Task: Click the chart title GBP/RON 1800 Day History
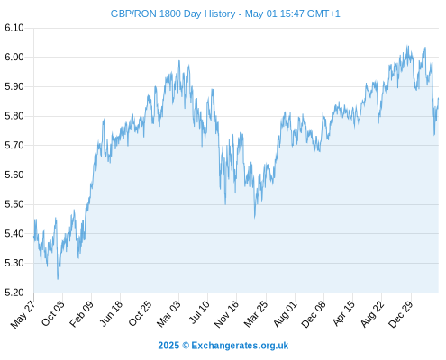(173, 13)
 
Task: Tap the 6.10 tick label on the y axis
(14, 28)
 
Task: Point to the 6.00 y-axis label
(14, 57)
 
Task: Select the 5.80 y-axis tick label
(14, 116)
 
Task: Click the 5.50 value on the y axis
(14, 204)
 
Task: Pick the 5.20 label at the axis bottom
(14, 292)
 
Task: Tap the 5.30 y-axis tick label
(14, 263)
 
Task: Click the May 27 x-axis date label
(23, 313)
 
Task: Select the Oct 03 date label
(52, 313)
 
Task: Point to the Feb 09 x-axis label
(81, 313)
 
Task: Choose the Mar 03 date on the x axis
(168, 313)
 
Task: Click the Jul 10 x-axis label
(199, 312)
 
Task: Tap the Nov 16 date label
(226, 313)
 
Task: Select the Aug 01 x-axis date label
(285, 313)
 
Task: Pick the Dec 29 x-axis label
(401, 313)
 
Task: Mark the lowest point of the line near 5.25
(58, 279)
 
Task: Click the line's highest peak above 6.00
(407, 46)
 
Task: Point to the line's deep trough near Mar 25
(255, 218)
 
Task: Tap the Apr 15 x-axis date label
(343, 313)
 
